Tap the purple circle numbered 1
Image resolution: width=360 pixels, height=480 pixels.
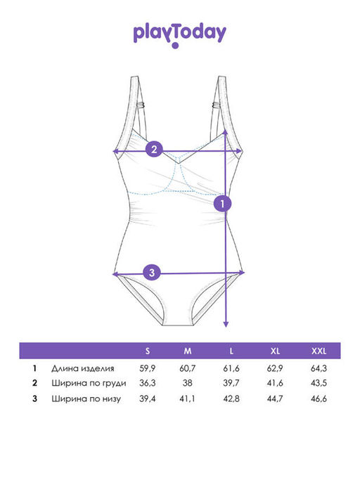223,203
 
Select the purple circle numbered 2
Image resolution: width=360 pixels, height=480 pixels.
154,149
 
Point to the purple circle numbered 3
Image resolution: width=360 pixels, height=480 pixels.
153,272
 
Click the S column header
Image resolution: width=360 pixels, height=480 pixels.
148,351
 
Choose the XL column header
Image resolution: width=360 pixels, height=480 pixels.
275,351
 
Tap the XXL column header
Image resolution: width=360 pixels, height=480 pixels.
319,351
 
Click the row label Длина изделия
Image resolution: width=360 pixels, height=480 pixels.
83,368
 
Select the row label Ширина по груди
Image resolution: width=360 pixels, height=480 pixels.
89,383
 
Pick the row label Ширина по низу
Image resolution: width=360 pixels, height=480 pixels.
86,399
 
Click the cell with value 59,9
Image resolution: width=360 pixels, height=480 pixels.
148,368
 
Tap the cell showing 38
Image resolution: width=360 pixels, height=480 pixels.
188,383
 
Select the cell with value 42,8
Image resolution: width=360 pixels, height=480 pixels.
231,398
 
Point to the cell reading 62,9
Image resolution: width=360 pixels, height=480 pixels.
275,368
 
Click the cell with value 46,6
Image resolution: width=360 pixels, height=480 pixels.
319,398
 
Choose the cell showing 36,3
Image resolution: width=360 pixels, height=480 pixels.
148,383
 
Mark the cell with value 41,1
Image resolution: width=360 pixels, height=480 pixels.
187,398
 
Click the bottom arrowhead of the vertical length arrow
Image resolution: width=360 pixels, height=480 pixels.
226,324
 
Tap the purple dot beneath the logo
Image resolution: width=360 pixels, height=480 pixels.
175,46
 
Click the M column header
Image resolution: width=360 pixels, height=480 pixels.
188,351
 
